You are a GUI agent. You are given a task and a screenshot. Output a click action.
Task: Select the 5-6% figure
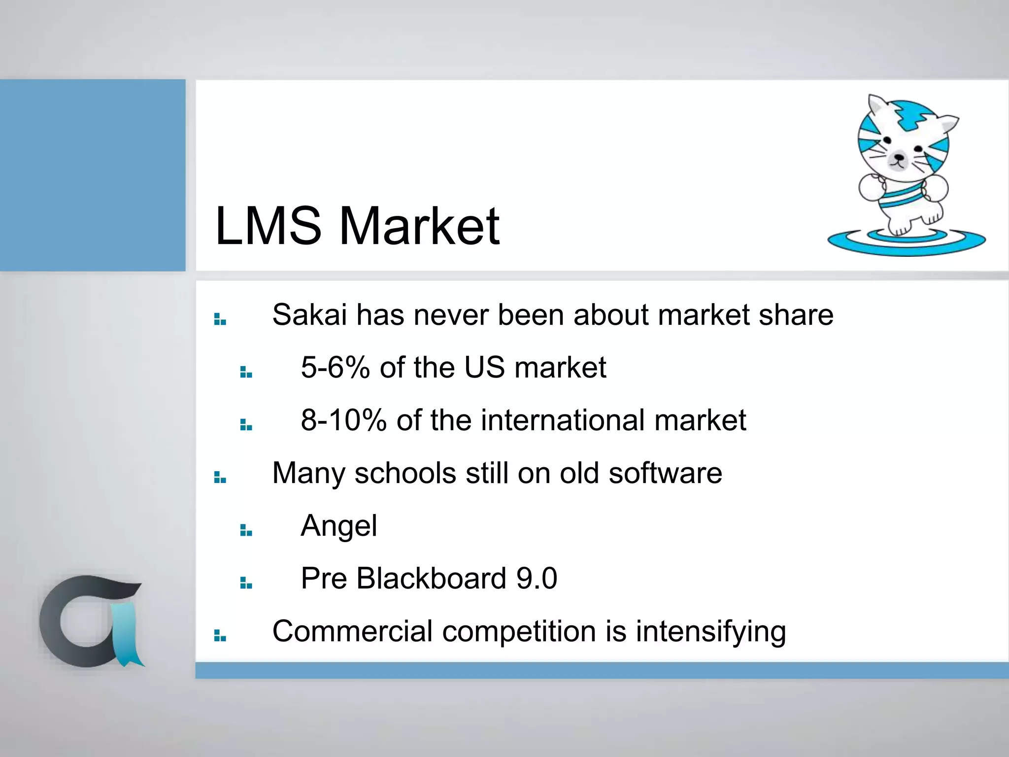click(x=335, y=367)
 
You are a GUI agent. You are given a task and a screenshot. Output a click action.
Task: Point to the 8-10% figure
click(x=343, y=420)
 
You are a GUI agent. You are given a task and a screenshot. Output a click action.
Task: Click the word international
click(x=563, y=420)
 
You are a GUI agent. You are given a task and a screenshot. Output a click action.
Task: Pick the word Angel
click(x=339, y=525)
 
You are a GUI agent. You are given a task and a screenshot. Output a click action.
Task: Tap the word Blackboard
click(x=431, y=578)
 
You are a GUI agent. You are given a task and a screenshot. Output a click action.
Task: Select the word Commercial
click(x=352, y=631)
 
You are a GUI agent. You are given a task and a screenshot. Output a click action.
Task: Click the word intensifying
click(x=710, y=631)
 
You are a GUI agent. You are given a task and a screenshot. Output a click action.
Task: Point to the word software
click(x=665, y=473)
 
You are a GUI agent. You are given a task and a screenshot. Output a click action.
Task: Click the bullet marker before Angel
click(x=246, y=530)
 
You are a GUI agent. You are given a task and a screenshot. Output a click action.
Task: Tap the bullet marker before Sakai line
click(x=220, y=319)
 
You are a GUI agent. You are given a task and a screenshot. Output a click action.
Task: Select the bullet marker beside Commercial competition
click(x=220, y=636)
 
